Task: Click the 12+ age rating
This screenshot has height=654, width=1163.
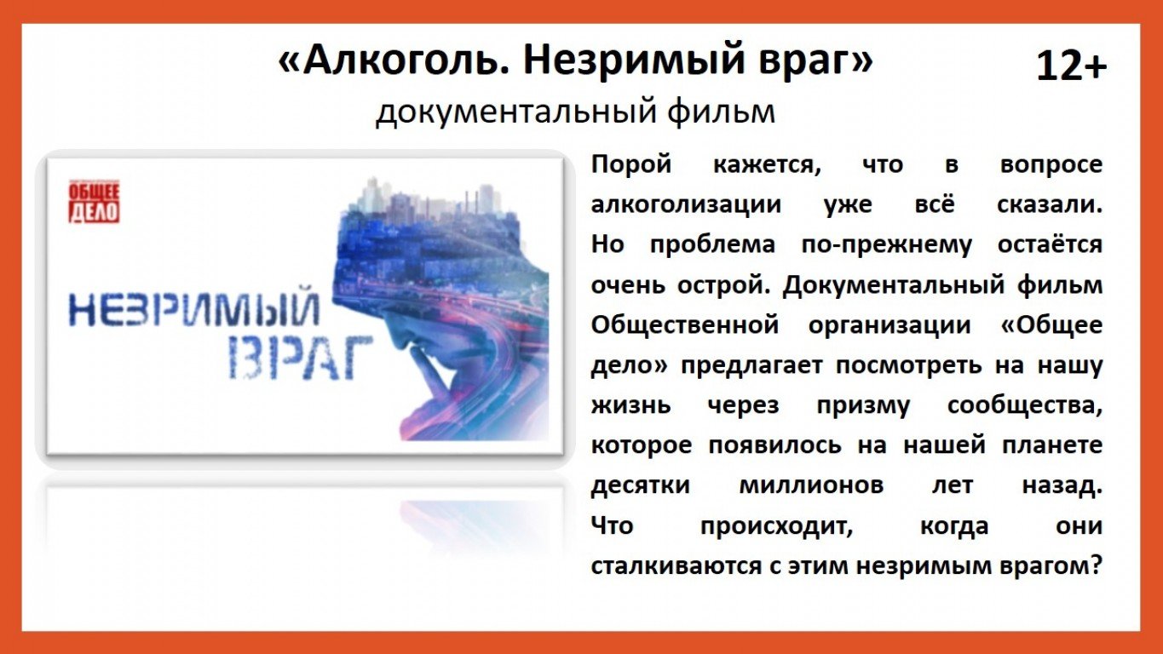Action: pyautogui.click(x=1072, y=66)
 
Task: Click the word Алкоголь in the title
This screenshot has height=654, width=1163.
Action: pyautogui.click(x=398, y=60)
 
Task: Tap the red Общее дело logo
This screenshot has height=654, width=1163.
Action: pyautogui.click(x=94, y=201)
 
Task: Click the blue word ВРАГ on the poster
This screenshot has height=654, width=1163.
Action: pyautogui.click(x=301, y=357)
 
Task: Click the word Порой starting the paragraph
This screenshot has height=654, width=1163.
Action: pyautogui.click(x=631, y=165)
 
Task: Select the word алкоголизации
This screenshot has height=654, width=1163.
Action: pyautogui.click(x=686, y=204)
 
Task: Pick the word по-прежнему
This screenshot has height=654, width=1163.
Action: pyautogui.click(x=887, y=245)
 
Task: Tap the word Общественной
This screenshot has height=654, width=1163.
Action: pyautogui.click(x=685, y=325)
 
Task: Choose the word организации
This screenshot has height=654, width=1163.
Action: pyautogui.click(x=890, y=326)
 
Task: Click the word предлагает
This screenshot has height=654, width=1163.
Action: pyautogui.click(x=751, y=366)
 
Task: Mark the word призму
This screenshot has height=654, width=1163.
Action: pyautogui.click(x=863, y=406)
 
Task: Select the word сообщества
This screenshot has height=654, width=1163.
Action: pyautogui.click(x=1025, y=406)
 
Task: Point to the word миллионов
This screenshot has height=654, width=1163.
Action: pyautogui.click(x=811, y=486)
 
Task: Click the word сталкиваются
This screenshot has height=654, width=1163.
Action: pyautogui.click(x=676, y=566)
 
